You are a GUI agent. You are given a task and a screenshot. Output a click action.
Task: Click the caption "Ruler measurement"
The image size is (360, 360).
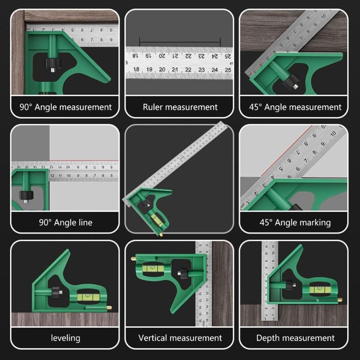[180, 107]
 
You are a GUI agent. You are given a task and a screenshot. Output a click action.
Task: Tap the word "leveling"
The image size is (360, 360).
[66, 337]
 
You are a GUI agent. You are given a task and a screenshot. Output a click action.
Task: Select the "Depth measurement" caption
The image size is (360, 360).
[295, 337]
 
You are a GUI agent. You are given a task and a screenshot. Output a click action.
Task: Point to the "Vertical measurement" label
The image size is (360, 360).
[180, 337]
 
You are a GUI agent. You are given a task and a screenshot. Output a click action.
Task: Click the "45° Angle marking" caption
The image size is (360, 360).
[295, 222]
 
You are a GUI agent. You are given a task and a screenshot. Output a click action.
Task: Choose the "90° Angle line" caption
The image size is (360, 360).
[66, 222]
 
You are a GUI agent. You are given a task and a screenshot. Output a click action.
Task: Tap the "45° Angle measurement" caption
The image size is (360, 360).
[295, 107]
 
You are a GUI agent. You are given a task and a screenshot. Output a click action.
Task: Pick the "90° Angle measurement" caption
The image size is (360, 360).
[66, 107]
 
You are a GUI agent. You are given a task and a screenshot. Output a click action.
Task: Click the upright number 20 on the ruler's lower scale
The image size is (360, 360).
[162, 70]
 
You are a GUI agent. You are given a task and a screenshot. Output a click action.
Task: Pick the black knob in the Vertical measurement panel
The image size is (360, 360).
[184, 273]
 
